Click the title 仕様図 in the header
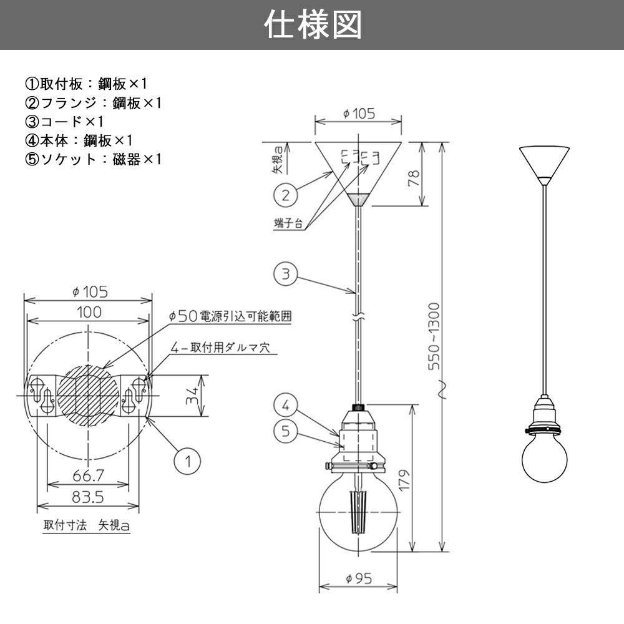(x=312, y=25)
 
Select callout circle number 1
(x=185, y=462)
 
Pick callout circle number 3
(x=285, y=275)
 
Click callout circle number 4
(x=285, y=406)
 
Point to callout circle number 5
(x=285, y=431)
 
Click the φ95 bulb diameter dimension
(x=358, y=578)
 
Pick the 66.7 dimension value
(x=88, y=476)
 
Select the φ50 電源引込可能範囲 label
(x=231, y=316)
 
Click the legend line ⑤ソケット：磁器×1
(x=94, y=159)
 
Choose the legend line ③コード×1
(x=64, y=122)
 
